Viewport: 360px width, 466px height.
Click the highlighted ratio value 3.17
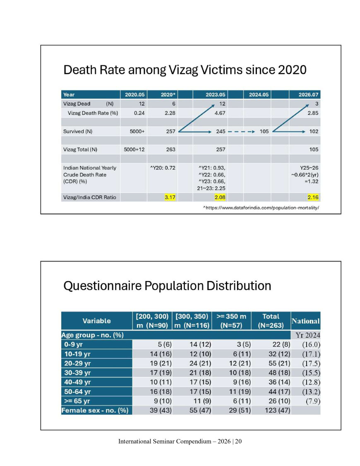point(170,197)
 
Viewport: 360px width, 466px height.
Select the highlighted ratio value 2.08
point(220,197)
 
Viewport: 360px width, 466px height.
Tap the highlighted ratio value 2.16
point(313,197)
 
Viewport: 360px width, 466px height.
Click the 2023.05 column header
point(215,94)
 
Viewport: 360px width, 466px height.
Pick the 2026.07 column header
point(308,94)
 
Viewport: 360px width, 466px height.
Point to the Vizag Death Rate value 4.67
point(220,113)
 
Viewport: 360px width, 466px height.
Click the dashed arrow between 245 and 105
point(241,131)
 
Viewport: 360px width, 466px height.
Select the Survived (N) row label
point(78,131)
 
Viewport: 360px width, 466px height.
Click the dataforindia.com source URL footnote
point(261,208)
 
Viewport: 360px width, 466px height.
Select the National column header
point(306,321)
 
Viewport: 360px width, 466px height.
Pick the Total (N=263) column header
point(271,321)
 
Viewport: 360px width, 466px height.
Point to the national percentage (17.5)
point(311,363)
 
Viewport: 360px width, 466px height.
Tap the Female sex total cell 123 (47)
point(277,411)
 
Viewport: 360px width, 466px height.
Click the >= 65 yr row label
point(77,401)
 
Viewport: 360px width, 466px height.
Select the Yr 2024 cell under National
point(308,335)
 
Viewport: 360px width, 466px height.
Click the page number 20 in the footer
point(238,441)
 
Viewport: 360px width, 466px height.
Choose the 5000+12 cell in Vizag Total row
point(134,149)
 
